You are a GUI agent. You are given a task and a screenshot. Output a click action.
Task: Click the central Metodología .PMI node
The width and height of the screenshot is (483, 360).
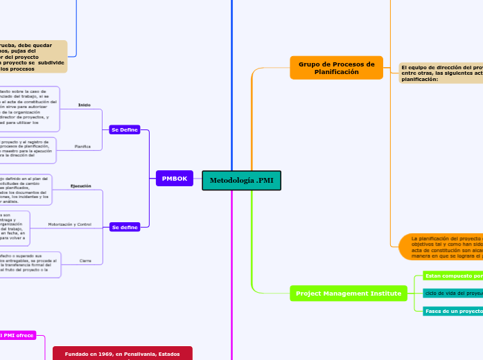click(241, 180)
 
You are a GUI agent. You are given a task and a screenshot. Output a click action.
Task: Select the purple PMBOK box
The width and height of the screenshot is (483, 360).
click(175, 179)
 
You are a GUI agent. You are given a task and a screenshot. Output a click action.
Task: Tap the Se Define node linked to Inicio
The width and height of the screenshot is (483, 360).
click(125, 129)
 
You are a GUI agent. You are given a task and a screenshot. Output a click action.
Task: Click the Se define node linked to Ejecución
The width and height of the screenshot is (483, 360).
click(125, 226)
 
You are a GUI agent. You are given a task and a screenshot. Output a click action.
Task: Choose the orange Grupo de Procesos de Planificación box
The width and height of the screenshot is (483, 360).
click(336, 68)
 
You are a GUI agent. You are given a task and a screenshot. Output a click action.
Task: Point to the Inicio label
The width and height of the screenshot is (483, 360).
click(85, 105)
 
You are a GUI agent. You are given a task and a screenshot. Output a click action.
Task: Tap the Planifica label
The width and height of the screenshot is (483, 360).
click(82, 147)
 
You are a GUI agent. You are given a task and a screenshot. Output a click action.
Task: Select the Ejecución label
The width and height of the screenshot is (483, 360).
click(80, 186)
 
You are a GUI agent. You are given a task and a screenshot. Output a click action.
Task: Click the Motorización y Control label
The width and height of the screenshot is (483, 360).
click(69, 224)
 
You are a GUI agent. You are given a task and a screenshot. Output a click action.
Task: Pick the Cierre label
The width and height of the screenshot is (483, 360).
click(86, 261)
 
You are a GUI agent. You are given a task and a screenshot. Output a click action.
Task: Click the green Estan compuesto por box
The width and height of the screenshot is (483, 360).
click(452, 276)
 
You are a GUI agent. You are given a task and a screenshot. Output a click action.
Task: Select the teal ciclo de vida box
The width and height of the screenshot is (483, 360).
click(452, 293)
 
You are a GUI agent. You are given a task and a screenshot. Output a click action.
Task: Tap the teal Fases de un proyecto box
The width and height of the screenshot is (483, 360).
click(452, 311)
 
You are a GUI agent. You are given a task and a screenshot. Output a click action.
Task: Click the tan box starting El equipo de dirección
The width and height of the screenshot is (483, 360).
click(441, 73)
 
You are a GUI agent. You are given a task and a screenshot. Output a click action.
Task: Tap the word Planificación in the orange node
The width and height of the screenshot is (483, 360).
click(336, 72)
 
